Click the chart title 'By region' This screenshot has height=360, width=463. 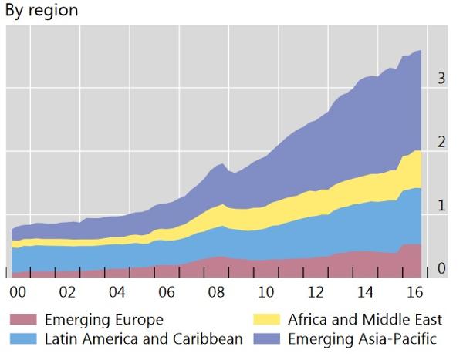[42, 12]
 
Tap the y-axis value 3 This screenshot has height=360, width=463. [441, 79]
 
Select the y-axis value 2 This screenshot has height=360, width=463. [441, 142]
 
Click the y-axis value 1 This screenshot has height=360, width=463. [441, 205]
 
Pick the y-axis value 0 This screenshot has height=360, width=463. [441, 268]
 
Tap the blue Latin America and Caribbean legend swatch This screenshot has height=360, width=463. [24, 338]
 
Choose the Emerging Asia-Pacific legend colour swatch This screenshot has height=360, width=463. [270, 338]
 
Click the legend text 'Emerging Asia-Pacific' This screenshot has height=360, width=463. [363, 338]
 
